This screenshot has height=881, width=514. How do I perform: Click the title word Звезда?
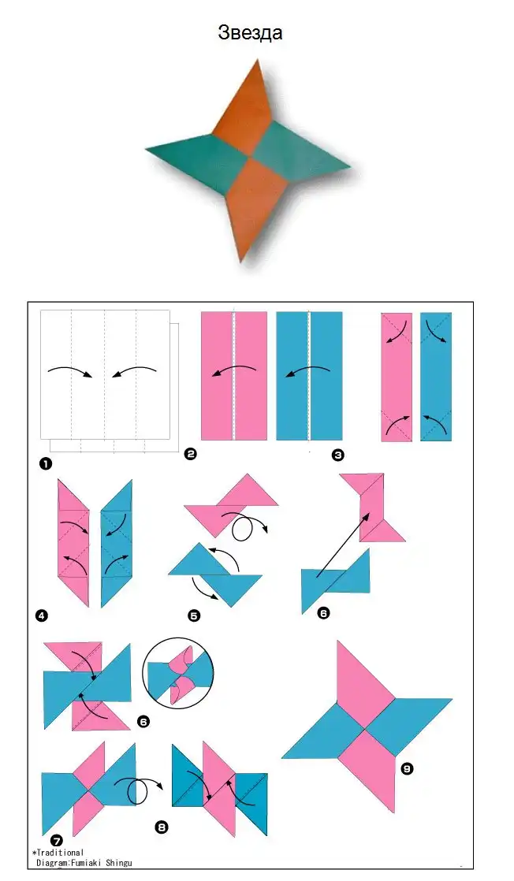pos(250,32)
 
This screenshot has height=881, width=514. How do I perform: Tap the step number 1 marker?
pos(45,463)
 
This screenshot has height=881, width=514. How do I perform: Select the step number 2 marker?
pos(190,453)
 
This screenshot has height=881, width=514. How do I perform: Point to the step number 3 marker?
pos(337,455)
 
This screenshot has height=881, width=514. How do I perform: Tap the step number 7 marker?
pos(56,841)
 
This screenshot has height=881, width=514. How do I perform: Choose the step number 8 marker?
pos(162,827)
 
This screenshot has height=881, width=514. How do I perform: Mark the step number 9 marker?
pos(407,768)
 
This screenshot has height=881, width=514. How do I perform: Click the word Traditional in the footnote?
pos(60,853)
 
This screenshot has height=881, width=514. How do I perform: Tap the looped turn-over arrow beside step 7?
pos(138,792)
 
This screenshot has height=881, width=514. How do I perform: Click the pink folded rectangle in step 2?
pos(234,376)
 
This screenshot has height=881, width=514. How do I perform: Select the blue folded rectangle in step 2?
pos(309,376)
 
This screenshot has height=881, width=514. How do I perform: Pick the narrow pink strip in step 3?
pos(397,377)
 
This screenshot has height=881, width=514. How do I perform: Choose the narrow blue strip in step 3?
pos(436,377)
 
